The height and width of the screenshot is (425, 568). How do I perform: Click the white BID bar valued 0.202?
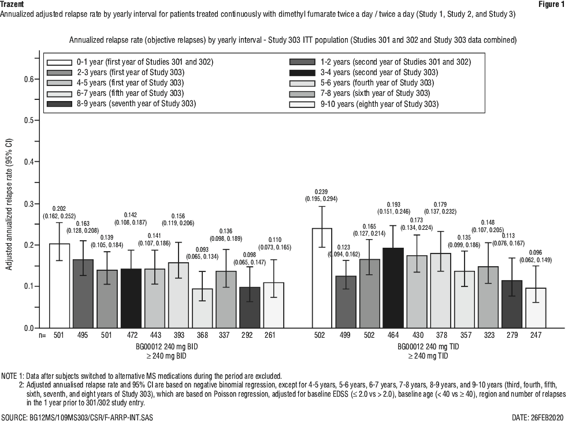60,286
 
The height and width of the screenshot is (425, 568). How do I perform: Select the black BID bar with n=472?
131,299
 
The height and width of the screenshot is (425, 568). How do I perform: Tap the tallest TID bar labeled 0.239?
321,278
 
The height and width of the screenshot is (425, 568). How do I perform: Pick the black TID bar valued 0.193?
393,288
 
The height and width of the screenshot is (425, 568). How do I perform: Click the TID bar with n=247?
536,308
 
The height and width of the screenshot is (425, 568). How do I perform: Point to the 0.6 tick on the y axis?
38,79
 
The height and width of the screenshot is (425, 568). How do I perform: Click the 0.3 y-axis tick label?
29,204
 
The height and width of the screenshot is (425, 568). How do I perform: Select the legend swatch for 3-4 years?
302,73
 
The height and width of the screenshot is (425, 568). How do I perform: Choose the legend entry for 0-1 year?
131,62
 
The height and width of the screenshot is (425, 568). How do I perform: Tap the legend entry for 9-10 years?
364,105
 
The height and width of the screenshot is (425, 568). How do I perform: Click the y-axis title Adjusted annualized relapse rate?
9,204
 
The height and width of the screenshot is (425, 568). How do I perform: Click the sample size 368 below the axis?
202,335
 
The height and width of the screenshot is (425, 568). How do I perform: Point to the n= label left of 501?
43,335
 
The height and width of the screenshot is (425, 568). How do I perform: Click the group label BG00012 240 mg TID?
428,346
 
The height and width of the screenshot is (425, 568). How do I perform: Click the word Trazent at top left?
12,5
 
